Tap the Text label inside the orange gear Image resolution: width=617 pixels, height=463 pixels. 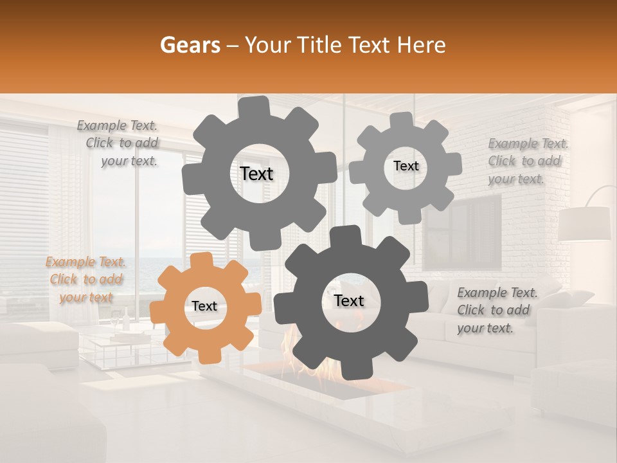point(204,307)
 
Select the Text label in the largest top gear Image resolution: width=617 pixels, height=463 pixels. point(256,174)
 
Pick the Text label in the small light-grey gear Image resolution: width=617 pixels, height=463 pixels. point(406,166)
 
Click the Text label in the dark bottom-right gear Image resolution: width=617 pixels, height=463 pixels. point(349,300)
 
